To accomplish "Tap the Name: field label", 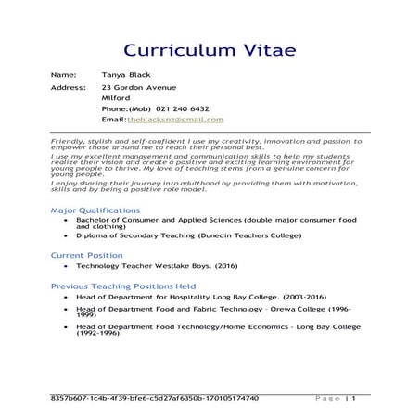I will coord(63,74).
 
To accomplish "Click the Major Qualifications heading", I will coord(95,211).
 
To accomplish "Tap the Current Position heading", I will coord(86,254).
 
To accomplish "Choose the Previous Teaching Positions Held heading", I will coord(123,286).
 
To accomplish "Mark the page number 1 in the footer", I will coord(353,398).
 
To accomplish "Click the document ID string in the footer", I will coord(155,398).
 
